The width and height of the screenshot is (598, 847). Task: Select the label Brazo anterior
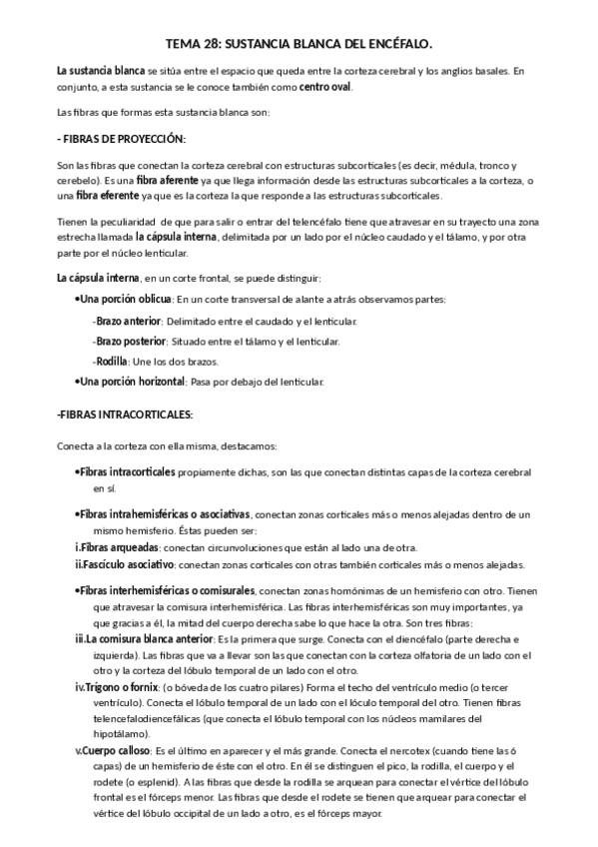128,321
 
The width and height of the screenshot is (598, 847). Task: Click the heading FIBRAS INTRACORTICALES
124,415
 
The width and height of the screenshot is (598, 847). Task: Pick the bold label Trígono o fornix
116,687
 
